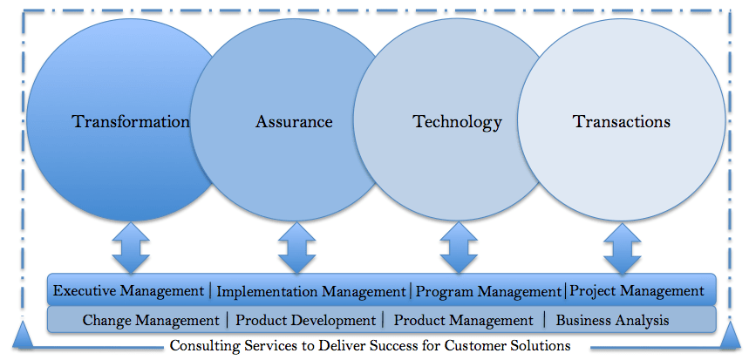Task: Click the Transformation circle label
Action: [x=131, y=122]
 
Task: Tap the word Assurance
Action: [x=294, y=122]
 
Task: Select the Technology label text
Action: [x=457, y=122]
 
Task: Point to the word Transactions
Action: [x=622, y=122]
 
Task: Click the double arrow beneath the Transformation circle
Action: [x=131, y=248]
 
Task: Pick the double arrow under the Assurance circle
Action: [x=296, y=248]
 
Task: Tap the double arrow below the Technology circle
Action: [x=459, y=248]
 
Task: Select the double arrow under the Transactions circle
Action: [x=622, y=248]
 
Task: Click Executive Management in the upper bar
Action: [x=128, y=291]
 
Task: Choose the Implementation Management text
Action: [x=311, y=291]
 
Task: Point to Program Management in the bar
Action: [x=488, y=291]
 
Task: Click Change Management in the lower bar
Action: [x=151, y=321]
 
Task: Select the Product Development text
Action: [x=306, y=321]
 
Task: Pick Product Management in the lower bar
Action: [x=463, y=321]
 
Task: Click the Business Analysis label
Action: [x=612, y=321]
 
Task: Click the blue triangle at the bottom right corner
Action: [x=730, y=336]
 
